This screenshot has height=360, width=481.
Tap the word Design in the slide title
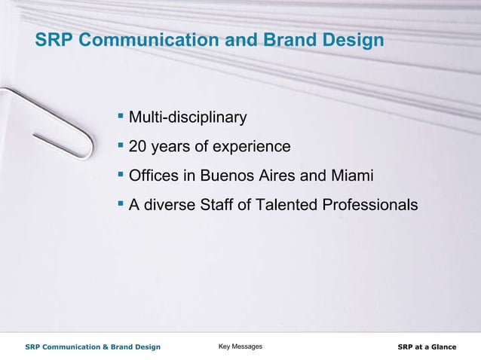pos(354,41)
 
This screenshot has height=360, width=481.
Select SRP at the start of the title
pos(54,41)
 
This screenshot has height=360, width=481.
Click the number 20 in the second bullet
pos(138,147)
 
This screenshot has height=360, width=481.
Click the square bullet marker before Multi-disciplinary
pos(121,117)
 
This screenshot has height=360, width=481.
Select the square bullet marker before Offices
pos(121,175)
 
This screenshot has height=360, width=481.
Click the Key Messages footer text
pos(240,346)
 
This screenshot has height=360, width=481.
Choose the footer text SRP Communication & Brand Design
pos(93,346)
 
